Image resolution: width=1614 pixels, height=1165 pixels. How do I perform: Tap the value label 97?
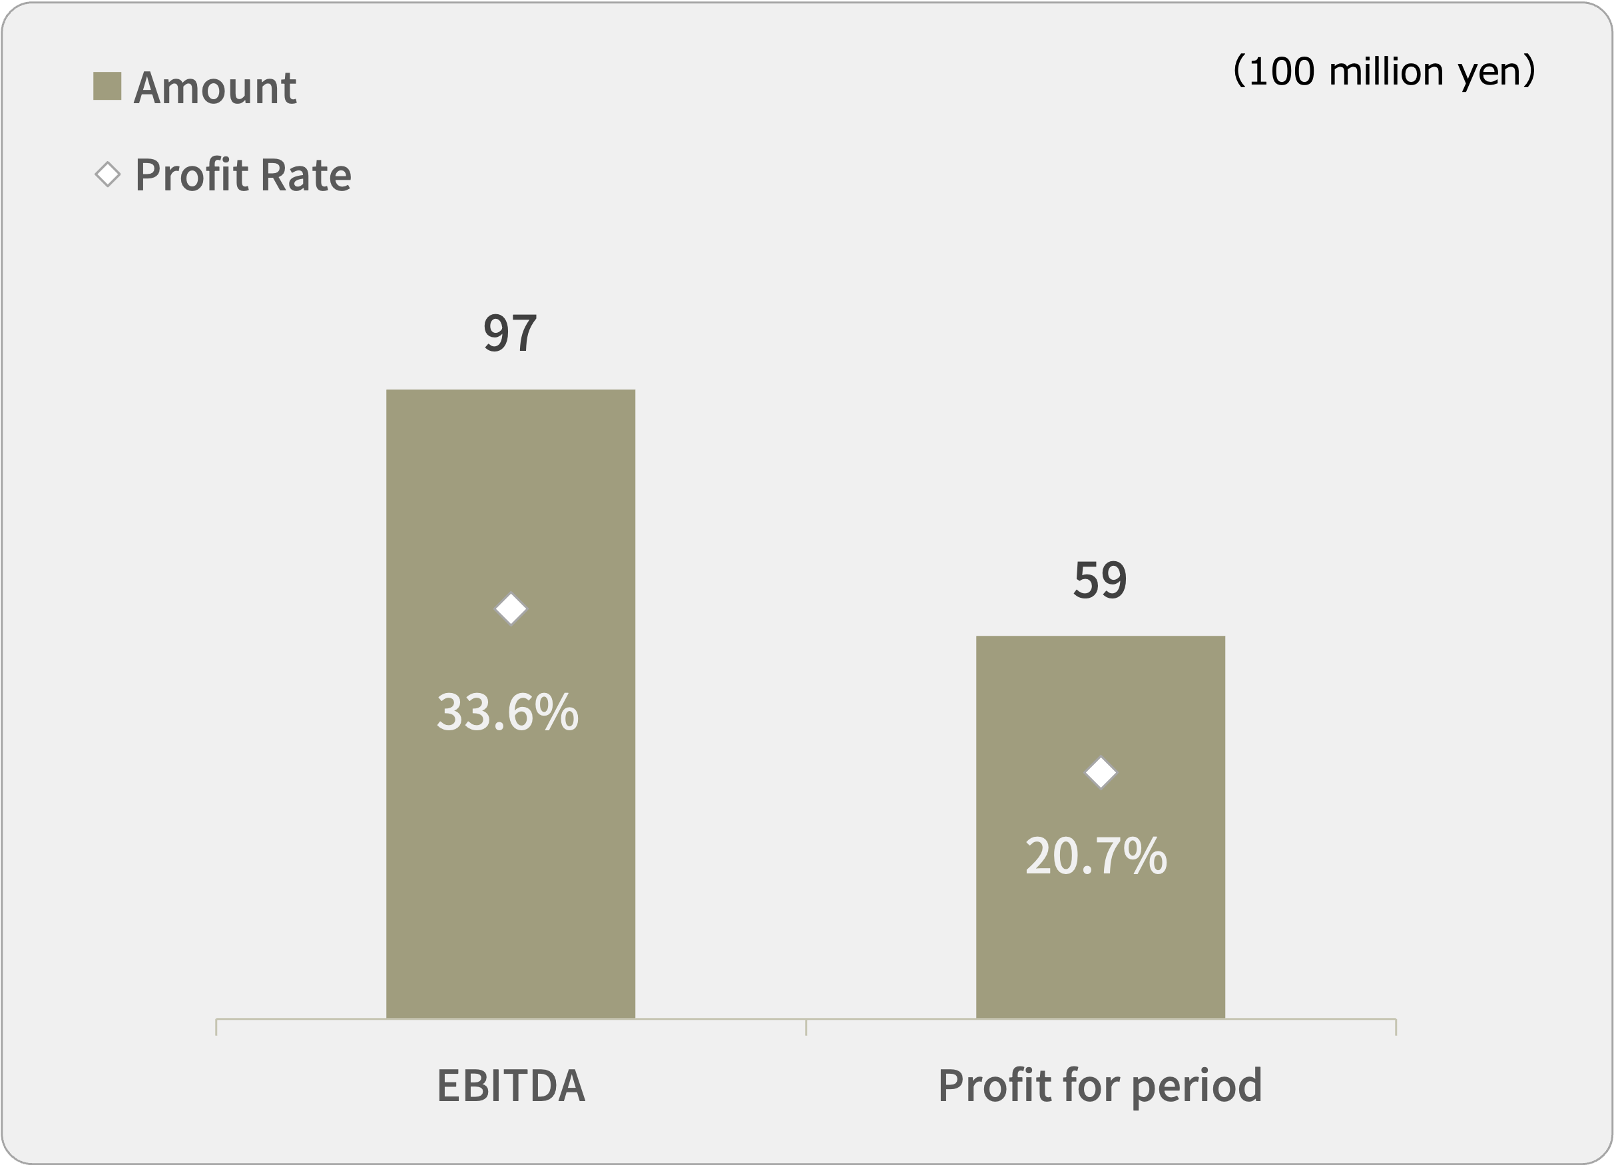[509, 333]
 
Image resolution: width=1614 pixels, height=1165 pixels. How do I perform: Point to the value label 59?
[1099, 579]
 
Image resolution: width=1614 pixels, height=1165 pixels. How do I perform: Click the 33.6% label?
[507, 712]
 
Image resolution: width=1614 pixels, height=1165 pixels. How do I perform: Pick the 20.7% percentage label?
[1096, 855]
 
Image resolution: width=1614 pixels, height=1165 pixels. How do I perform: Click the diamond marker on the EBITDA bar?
[510, 609]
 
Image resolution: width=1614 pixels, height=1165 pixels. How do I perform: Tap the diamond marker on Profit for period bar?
[1100, 773]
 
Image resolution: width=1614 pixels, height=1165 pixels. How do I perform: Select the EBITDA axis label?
[510, 1086]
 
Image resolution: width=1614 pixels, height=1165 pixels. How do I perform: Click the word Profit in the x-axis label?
[994, 1086]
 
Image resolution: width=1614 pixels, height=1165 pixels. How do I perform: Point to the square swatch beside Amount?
[107, 86]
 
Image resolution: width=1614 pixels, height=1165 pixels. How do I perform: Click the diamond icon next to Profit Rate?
[107, 174]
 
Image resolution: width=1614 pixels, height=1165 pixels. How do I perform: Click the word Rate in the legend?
[306, 175]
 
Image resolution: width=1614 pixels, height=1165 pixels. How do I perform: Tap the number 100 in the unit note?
[1280, 71]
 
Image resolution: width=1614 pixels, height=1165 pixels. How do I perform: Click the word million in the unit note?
[1386, 71]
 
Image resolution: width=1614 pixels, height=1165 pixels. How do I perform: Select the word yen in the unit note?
[1488, 73]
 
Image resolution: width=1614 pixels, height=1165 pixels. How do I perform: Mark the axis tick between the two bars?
[806, 1027]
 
